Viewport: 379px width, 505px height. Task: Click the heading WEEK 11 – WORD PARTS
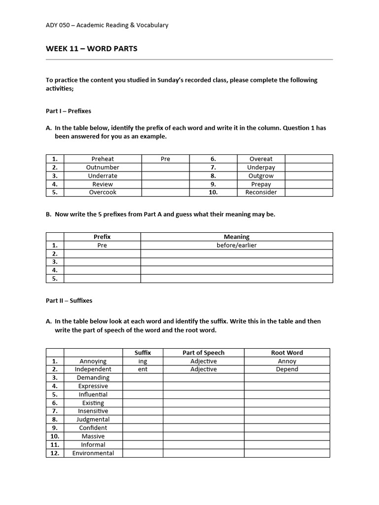tap(92, 49)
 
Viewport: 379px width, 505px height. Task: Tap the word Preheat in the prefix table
tap(103, 159)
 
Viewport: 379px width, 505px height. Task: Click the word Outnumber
tap(103, 167)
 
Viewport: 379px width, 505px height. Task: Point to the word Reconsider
tap(261, 192)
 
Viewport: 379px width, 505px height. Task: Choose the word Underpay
tap(261, 167)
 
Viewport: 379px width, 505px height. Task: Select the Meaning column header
tap(236, 237)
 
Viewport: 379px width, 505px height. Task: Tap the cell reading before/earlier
tap(236, 245)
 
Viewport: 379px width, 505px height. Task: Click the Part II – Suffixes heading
tap(69, 300)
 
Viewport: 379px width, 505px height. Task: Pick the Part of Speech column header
tap(203, 353)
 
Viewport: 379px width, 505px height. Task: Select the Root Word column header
tap(287, 353)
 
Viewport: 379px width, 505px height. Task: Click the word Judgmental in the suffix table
tap(93, 419)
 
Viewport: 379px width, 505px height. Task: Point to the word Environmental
tap(93, 453)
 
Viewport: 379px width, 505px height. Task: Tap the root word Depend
tap(287, 369)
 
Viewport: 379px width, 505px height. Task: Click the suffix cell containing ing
tap(143, 361)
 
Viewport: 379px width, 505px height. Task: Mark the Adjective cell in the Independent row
tap(203, 369)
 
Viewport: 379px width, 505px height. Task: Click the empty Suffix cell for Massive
tap(143, 436)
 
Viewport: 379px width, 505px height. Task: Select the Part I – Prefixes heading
tap(69, 111)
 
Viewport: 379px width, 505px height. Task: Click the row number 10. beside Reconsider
tap(213, 192)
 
